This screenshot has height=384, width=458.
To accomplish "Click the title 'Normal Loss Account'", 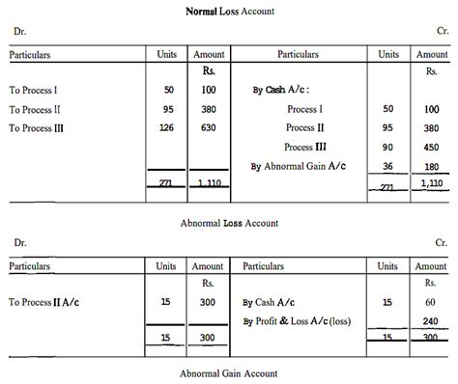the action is click(229, 11).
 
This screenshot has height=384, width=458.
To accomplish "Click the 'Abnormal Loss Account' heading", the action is click(229, 222).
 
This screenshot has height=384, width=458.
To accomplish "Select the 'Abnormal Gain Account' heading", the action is click(229, 372).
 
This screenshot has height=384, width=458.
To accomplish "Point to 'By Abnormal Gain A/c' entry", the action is click(300, 166).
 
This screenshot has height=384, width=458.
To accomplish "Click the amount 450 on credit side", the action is click(431, 147).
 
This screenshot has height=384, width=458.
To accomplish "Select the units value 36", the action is click(388, 166).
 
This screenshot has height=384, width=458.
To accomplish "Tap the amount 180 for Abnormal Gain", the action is click(431, 166).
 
